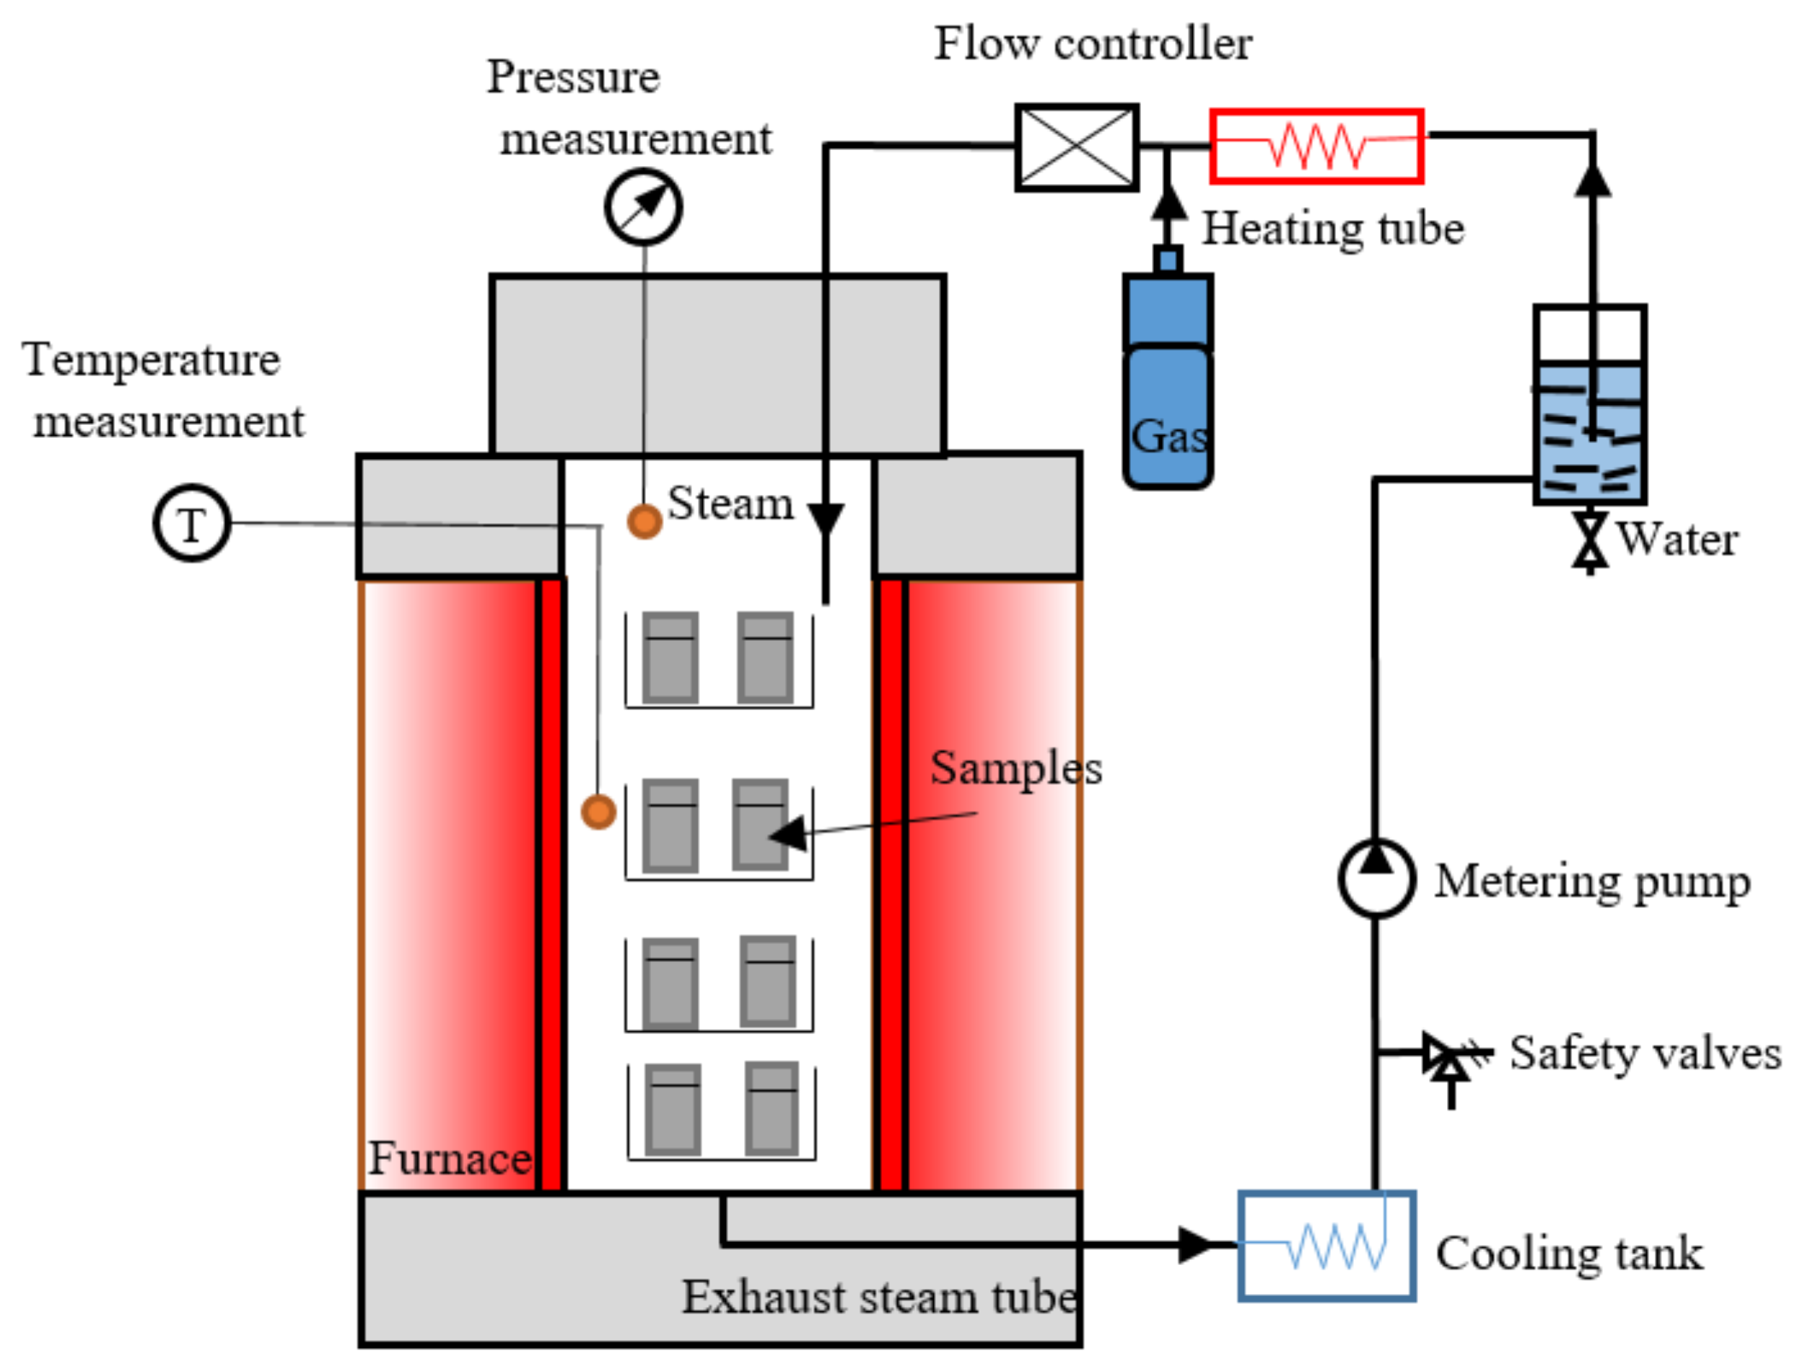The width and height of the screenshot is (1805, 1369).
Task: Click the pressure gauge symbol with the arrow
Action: pos(643,207)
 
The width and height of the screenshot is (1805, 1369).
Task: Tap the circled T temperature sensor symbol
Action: pos(193,523)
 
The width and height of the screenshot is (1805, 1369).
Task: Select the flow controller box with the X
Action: pos(1076,148)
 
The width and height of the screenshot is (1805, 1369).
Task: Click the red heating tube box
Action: pos(1316,146)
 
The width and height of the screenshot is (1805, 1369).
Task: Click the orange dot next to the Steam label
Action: pos(644,521)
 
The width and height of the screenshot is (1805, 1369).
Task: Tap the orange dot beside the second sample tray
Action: pos(598,812)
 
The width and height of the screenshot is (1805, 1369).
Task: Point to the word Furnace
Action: pos(450,1158)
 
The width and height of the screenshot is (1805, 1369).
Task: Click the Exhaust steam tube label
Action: pos(880,1298)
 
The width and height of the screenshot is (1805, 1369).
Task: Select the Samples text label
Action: pos(1016,768)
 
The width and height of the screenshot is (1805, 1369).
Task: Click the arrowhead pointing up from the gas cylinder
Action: pos(1168,201)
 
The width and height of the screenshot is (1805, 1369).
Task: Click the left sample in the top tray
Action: pos(670,657)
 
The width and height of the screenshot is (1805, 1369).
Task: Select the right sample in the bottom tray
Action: pos(771,1109)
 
